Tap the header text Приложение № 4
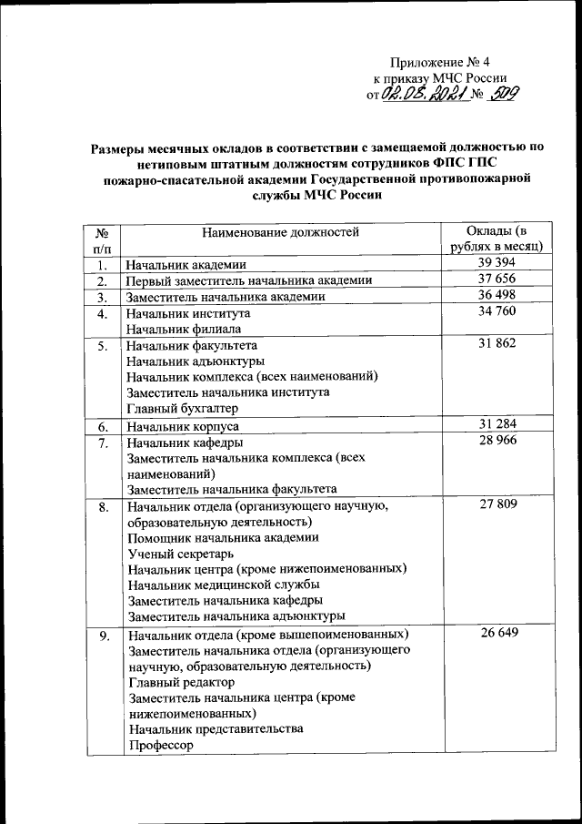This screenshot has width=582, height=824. [440, 63]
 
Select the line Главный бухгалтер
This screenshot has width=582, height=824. [181, 409]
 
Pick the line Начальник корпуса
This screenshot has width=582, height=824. [182, 426]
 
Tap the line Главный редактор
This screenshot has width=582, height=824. [182, 682]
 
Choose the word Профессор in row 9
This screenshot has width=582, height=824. [162, 746]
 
